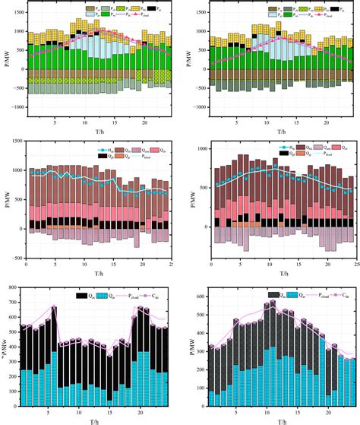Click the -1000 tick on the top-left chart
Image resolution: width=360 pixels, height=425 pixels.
pos(15,108)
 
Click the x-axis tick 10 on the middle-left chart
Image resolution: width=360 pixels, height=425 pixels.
pos(84,262)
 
